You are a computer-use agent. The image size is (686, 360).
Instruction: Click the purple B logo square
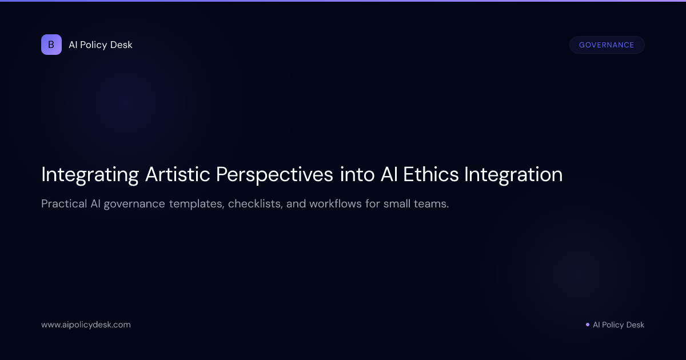click(51, 45)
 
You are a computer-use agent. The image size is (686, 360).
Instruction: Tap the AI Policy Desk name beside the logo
click(101, 45)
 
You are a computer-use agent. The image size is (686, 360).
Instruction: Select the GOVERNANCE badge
click(607, 45)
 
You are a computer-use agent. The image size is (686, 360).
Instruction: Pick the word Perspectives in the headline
click(274, 175)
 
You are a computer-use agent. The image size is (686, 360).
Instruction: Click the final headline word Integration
click(513, 175)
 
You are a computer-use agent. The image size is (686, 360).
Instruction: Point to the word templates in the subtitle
click(196, 204)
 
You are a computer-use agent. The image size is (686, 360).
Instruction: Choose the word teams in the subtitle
click(433, 204)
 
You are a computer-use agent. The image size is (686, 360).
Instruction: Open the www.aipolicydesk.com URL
click(86, 325)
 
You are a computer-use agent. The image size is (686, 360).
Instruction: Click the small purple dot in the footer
click(588, 325)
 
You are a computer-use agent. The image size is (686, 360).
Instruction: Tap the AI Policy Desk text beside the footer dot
click(619, 325)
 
